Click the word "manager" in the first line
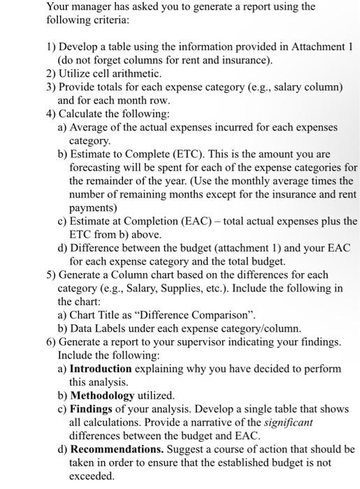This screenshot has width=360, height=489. [94, 7]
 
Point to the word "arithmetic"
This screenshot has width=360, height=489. [138, 73]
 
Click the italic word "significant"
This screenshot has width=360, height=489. [288, 422]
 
